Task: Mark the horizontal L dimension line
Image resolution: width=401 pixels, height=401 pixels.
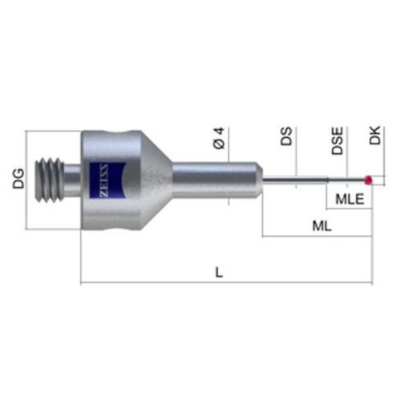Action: tap(160, 282)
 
